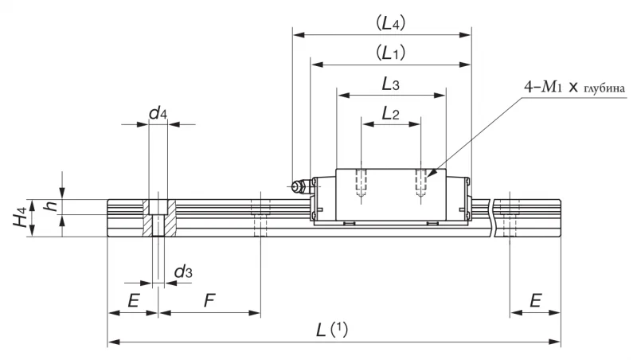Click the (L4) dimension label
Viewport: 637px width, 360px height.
pyautogui.click(x=390, y=23)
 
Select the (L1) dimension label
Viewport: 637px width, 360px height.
pyautogui.click(x=390, y=53)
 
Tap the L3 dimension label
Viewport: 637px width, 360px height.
pyautogui.click(x=390, y=84)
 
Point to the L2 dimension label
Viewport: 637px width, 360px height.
pyautogui.click(x=390, y=113)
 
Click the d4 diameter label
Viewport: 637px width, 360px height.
pyautogui.click(x=158, y=113)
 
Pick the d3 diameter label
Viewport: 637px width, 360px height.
pyautogui.click(x=183, y=272)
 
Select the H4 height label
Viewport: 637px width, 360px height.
pyautogui.click(x=20, y=217)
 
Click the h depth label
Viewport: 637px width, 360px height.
pyautogui.click(x=52, y=206)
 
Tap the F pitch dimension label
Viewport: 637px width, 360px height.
pyautogui.click(x=209, y=301)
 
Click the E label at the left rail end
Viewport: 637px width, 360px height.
pyautogui.click(x=134, y=301)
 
